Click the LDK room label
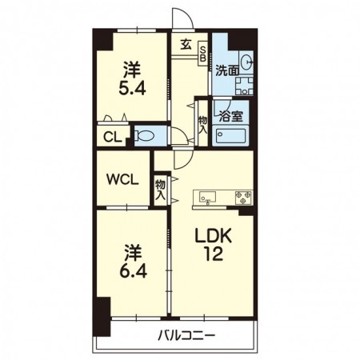(x=213, y=236)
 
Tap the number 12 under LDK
(x=213, y=254)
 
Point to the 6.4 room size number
(x=133, y=271)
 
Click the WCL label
(x=122, y=179)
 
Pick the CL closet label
(x=113, y=138)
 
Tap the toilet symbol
(x=144, y=136)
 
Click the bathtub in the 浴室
(x=231, y=137)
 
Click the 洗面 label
(x=227, y=70)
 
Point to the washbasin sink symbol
(x=246, y=62)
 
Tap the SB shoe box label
(x=203, y=54)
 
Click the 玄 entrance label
(x=186, y=45)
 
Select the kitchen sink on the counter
(x=207, y=198)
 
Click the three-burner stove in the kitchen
(x=243, y=198)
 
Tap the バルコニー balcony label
(x=186, y=335)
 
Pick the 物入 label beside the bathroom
(x=202, y=125)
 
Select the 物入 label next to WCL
(x=161, y=190)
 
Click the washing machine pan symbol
(x=244, y=86)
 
